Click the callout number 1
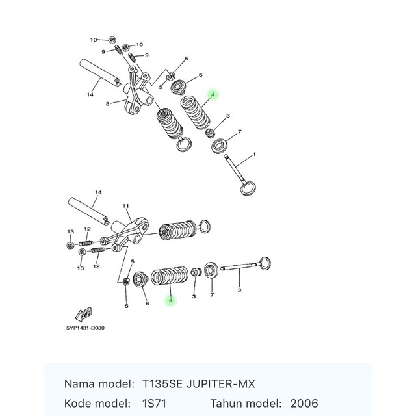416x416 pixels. (254, 154)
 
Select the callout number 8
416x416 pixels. (107, 103)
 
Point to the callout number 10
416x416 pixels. (93, 40)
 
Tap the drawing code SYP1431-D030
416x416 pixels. (84, 328)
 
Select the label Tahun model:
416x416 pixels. (244, 403)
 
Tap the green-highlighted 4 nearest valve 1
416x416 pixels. (213, 95)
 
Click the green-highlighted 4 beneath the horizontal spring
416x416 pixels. (170, 300)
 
